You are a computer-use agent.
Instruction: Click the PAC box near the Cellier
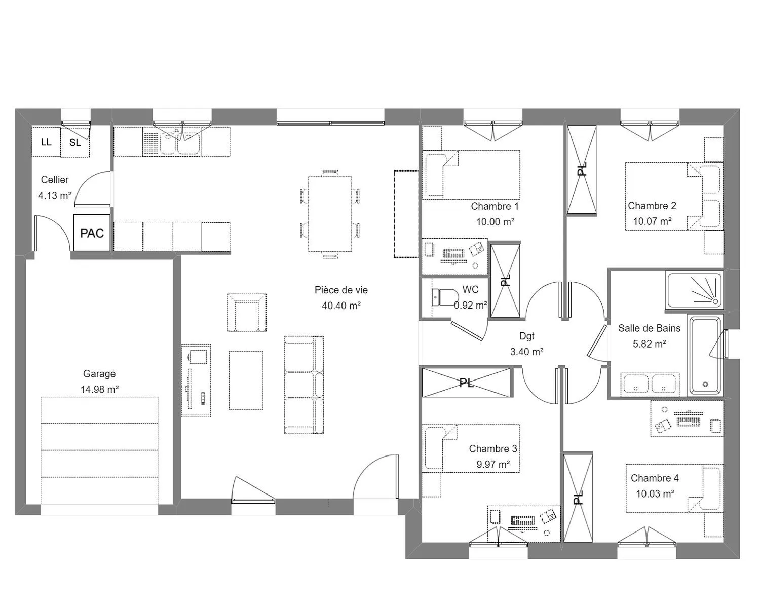pos(92,233)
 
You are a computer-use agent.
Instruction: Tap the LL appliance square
pos(46,142)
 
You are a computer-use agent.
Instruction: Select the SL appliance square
pos(75,142)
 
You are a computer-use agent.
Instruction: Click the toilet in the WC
pos(443,297)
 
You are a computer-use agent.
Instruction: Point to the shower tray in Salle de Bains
pos(694,290)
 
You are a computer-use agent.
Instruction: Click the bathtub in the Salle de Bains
pos(705,355)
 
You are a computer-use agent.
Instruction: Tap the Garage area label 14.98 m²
pos(99,389)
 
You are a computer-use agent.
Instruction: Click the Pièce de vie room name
pos(341,290)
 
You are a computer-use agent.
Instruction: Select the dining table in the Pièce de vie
pos(330,214)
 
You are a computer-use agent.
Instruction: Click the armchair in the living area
pos(247,312)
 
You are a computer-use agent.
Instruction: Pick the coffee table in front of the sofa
pos(246,380)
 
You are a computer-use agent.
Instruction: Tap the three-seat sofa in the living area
pos(303,385)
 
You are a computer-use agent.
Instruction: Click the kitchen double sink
pos(180,143)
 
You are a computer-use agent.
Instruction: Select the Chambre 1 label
pos(495,206)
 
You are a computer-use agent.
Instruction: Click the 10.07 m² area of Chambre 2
pos(652,221)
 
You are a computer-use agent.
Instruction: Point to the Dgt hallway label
pos(526,336)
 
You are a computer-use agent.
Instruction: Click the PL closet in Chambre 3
pos(466,383)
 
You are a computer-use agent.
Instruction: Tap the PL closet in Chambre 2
pos(581,170)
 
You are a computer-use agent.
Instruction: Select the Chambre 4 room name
pos(655,478)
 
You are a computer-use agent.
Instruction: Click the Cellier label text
pos(55,180)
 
